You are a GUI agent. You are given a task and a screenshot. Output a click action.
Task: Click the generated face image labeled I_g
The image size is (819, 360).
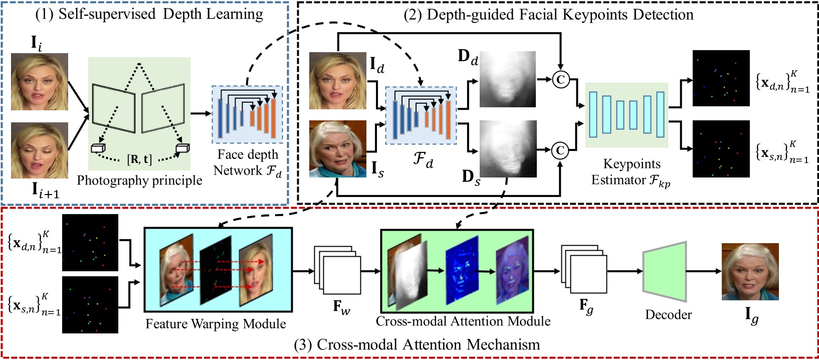(750, 271)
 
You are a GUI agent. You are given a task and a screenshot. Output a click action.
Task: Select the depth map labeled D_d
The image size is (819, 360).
(507, 79)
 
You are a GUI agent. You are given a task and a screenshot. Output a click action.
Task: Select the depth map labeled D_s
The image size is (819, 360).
(507, 148)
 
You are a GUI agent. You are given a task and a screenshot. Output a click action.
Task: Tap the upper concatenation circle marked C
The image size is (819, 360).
(560, 79)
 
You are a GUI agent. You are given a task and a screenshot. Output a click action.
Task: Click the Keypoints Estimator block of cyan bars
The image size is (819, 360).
(627, 115)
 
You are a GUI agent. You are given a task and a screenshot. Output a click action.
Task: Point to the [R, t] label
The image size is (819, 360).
(139, 159)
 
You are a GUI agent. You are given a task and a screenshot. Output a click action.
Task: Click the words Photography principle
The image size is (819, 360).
(139, 181)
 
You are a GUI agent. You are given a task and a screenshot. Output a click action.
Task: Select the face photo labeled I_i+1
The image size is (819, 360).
(40, 150)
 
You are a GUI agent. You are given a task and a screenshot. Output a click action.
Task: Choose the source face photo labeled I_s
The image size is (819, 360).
(337, 148)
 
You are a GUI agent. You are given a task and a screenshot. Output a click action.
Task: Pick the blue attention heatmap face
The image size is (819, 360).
(462, 271)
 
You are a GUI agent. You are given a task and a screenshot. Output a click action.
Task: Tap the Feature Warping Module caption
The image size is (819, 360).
(216, 324)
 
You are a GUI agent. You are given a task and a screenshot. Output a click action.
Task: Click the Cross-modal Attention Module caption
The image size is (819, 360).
(463, 321)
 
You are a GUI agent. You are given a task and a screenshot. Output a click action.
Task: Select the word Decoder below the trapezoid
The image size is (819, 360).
(668, 315)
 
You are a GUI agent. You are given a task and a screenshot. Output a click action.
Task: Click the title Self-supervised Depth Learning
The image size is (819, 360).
(149, 14)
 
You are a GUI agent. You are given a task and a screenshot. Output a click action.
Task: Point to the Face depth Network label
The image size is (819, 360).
(247, 162)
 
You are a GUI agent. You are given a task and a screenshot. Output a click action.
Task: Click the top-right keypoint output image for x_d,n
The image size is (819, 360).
(721, 78)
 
